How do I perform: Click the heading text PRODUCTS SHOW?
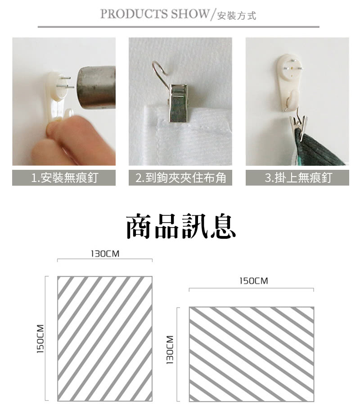click(x=155, y=14)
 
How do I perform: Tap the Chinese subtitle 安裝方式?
click(x=237, y=16)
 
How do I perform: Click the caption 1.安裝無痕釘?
click(x=64, y=178)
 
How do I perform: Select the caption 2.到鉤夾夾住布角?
click(x=180, y=178)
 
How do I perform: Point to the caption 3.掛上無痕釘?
click(x=298, y=178)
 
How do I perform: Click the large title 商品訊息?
click(x=181, y=226)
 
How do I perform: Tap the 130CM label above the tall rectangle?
click(x=105, y=254)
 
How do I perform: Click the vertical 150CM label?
click(x=40, y=339)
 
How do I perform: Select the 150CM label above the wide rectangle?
click(x=254, y=281)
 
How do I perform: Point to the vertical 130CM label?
click(x=170, y=350)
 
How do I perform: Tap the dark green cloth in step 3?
click(x=318, y=149)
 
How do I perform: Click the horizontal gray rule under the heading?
click(x=179, y=27)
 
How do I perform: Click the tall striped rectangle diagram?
click(x=105, y=339)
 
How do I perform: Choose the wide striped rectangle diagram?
click(x=252, y=354)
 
